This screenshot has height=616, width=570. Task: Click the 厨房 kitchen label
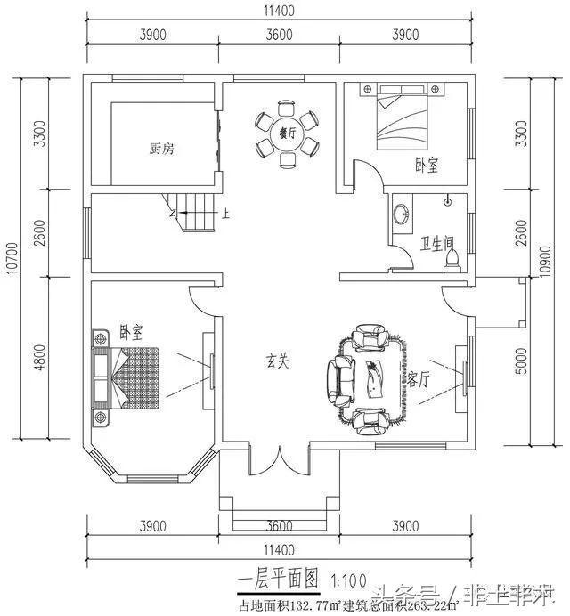tap(161, 149)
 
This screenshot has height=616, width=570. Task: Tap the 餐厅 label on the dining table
tap(286, 134)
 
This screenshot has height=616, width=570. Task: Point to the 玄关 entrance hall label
tap(278, 361)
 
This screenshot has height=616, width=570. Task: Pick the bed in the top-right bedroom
tap(403, 121)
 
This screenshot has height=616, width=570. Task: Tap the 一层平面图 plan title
tap(279, 579)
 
